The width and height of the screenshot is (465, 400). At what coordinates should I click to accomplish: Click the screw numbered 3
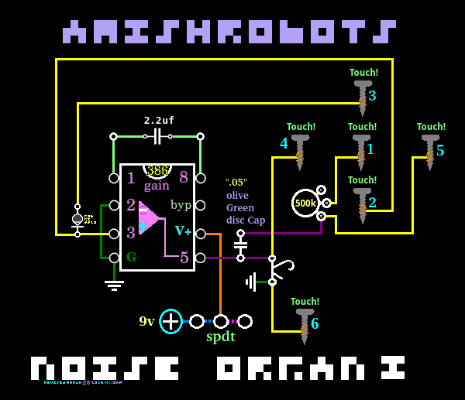click(363, 94)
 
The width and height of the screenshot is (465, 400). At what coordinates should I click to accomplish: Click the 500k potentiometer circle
click(305, 203)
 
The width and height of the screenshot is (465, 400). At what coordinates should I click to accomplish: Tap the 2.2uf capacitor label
click(159, 121)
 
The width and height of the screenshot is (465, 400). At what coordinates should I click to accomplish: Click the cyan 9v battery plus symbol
click(170, 321)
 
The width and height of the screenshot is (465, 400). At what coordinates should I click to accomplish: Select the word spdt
click(221, 337)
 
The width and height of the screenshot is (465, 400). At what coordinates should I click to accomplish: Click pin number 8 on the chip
click(184, 177)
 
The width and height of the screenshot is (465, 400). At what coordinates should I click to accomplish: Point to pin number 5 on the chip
click(184, 258)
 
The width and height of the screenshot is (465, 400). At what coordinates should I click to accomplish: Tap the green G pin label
click(131, 257)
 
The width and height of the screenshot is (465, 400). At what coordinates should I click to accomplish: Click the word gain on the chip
click(157, 186)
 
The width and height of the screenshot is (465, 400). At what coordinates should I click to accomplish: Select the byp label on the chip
click(181, 205)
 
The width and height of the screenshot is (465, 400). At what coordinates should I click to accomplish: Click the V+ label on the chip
click(183, 231)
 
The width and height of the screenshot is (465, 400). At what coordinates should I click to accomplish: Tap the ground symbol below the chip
click(114, 285)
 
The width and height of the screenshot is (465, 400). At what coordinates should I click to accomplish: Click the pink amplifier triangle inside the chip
click(150, 217)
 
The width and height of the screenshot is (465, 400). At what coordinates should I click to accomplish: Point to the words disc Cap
click(246, 220)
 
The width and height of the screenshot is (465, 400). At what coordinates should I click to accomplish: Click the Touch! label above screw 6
click(305, 302)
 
